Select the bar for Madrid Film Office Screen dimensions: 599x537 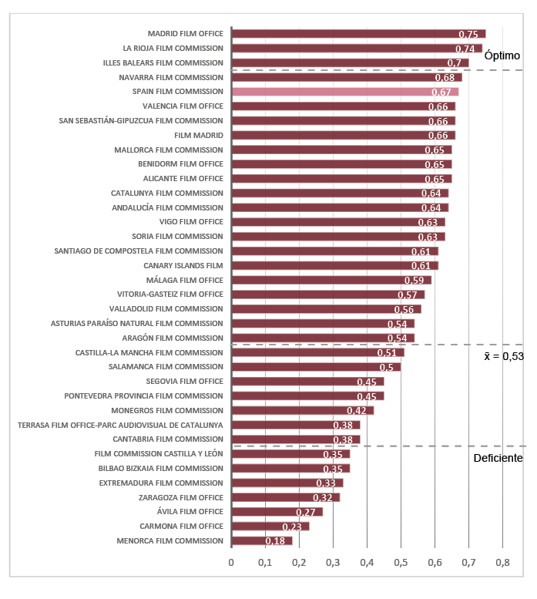[358, 34]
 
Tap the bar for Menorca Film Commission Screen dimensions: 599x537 [262, 541]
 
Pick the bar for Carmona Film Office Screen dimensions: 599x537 [270, 527]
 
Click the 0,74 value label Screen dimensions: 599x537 [465, 49]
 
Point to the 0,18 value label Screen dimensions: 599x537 [275, 541]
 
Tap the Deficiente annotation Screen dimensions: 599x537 [498, 458]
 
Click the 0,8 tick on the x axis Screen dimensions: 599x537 [502, 563]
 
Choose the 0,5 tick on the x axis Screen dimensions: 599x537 [401, 563]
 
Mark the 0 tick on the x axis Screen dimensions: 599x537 [231, 563]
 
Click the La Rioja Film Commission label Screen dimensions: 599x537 [173, 49]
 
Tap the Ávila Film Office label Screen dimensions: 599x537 [190, 512]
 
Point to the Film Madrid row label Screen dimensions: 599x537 [199, 136]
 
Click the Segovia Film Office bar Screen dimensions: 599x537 [307, 382]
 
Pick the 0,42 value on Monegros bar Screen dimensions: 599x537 [356, 411]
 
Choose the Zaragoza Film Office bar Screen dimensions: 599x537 [285, 497]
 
